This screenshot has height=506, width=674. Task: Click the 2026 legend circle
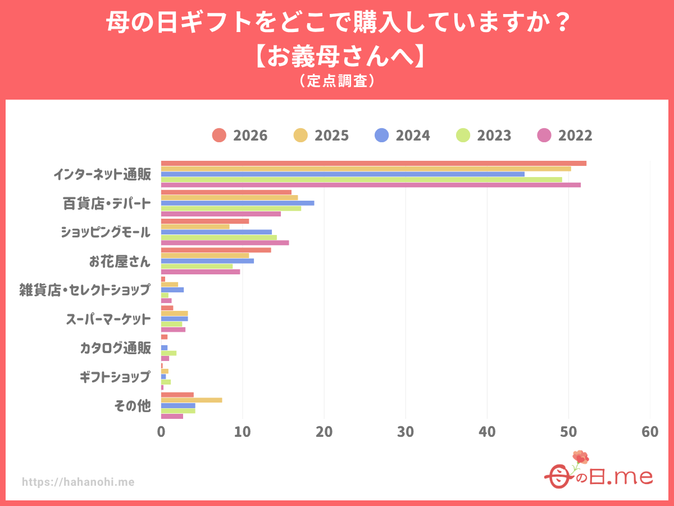219,135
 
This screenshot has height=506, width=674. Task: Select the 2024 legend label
413,135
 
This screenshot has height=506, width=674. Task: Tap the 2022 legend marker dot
544,135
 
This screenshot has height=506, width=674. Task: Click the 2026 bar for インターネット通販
374,164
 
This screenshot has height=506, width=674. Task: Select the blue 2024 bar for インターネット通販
343,174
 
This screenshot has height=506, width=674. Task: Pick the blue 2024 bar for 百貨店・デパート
238,203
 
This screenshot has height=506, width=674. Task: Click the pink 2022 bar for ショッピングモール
225,243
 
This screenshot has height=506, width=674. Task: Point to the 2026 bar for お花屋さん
216,250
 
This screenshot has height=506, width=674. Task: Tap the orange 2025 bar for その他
192,400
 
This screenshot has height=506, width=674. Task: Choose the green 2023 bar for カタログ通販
169,353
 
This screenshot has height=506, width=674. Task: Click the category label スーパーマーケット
108,319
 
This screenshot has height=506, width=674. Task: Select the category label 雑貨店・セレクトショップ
85,290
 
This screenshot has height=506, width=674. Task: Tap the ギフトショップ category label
115,377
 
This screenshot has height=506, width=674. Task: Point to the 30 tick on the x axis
406,432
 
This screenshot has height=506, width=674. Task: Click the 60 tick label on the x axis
650,432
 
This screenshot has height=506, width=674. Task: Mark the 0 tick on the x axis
161,432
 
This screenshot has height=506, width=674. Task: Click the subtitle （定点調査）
337,81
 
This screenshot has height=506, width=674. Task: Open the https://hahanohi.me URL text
78,482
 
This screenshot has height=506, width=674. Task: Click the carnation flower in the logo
580,457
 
